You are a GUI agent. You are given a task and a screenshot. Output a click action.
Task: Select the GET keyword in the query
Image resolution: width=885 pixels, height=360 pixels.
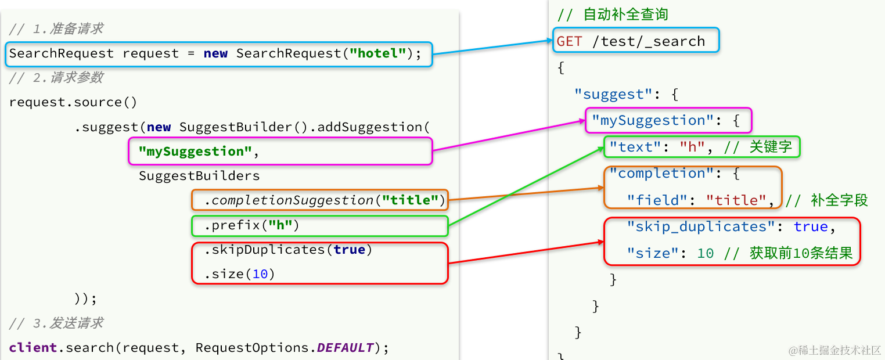(x=569, y=41)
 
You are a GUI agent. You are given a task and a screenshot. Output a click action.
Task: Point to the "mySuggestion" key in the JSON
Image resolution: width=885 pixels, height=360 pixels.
(x=653, y=121)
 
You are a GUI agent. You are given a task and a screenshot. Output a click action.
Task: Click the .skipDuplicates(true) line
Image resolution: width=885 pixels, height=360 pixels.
(x=288, y=250)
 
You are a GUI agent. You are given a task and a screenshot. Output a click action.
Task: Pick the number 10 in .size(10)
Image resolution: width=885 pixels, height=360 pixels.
(x=260, y=274)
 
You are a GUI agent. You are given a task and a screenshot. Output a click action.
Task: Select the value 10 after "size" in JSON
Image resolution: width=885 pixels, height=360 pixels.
(x=705, y=254)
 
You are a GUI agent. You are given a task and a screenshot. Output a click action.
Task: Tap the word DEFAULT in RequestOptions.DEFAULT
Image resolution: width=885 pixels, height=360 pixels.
(x=345, y=348)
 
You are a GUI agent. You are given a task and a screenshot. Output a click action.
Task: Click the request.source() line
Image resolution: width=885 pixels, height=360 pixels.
(x=73, y=103)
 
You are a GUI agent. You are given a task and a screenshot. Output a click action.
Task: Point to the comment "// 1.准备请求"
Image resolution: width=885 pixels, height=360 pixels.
(x=56, y=29)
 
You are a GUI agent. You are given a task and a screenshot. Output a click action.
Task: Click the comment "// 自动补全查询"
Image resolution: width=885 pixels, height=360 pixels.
(x=612, y=15)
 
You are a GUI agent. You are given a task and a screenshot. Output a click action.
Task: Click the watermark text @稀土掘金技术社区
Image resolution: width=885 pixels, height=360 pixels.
(x=834, y=350)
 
